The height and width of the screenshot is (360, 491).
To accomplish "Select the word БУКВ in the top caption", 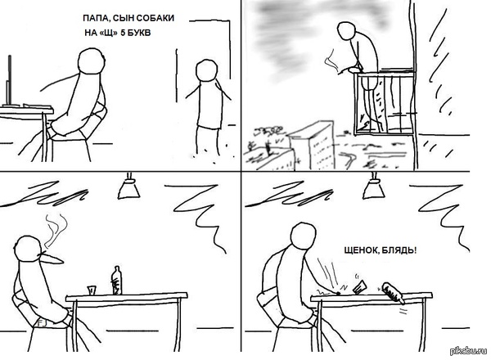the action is pos(139,33).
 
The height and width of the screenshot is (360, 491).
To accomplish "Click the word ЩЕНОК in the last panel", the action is pos(360,250).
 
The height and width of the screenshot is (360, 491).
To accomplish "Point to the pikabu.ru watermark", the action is pos(469,351).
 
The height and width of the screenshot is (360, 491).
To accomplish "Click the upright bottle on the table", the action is pos(117,281).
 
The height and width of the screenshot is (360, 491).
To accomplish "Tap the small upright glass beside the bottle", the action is pos(92,290).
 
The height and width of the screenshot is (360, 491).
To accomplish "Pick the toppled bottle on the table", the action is pos(393,293).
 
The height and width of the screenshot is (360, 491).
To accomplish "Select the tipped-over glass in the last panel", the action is pos(360,287).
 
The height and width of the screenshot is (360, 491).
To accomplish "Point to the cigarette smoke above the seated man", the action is pos(56,229).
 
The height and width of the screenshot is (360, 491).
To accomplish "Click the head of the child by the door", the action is pos(206,71).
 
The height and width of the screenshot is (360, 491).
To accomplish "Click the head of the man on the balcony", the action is pos(348,30).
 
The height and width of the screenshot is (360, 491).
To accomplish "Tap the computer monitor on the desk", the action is pos(9,81).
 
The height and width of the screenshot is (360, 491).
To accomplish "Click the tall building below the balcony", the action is pos(312,146).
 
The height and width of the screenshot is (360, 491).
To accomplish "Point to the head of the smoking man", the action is pos(28,249).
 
